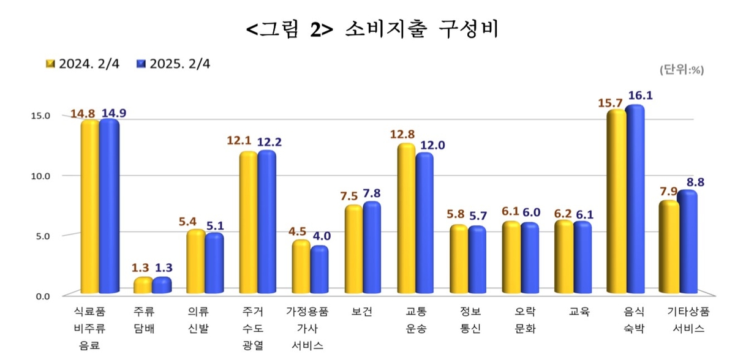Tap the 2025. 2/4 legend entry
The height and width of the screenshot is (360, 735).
[x=174, y=64]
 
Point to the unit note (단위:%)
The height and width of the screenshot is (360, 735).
[x=681, y=70]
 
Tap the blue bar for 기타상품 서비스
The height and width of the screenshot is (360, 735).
[x=687, y=242]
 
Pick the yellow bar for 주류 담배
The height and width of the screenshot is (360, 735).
[x=143, y=286]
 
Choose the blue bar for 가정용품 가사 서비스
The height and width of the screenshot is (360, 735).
[x=318, y=270]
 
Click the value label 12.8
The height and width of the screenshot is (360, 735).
[x=402, y=135]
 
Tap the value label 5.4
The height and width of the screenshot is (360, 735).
[x=195, y=220]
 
